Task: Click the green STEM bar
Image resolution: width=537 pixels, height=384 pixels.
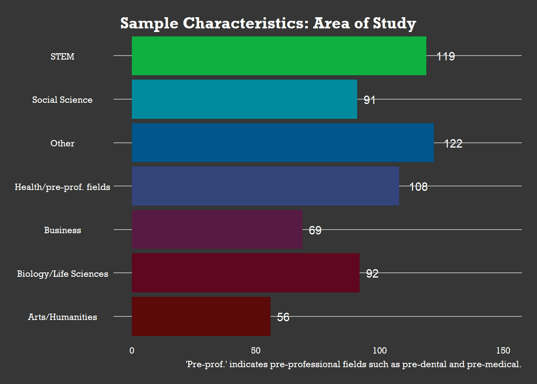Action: pyautogui.click(x=279, y=56)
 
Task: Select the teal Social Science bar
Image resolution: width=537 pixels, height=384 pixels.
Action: pyautogui.click(x=244, y=99)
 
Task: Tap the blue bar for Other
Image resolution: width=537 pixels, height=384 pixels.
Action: pyautogui.click(x=282, y=143)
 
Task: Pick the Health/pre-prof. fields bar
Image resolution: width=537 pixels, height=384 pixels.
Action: pyautogui.click(x=265, y=186)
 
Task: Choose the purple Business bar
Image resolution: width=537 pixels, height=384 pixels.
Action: pyautogui.click(x=217, y=230)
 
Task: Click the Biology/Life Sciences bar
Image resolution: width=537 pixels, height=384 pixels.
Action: pyautogui.click(x=245, y=273)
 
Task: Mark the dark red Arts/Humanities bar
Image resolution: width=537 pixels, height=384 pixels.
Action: pyautogui.click(x=201, y=316)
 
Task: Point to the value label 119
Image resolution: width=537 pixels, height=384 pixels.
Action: pyautogui.click(x=446, y=56)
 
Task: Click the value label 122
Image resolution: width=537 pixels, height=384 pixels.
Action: pyautogui.click(x=453, y=144)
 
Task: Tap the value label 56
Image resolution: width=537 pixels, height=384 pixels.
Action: pyautogui.click(x=283, y=317)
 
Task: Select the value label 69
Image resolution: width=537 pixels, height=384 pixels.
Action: pyautogui.click(x=315, y=230)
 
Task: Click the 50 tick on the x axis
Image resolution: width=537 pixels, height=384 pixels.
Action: pyautogui.click(x=256, y=351)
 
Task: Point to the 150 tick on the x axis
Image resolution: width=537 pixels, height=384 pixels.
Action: pyautogui.click(x=503, y=351)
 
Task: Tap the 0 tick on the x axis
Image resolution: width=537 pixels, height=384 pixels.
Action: pyautogui.click(x=132, y=351)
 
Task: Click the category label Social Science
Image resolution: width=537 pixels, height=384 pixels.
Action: pyautogui.click(x=62, y=100)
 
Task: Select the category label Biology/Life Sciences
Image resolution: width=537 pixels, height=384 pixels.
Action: pyautogui.click(x=62, y=274)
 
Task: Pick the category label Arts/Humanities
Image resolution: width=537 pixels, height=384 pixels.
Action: pyautogui.click(x=62, y=317)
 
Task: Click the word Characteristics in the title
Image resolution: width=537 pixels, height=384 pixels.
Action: pyautogui.click(x=246, y=23)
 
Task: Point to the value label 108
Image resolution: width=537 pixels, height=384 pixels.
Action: pyautogui.click(x=418, y=187)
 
